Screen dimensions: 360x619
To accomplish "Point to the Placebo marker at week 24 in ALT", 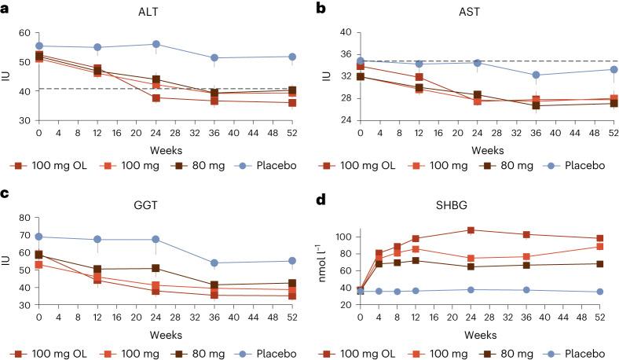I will point(157,44).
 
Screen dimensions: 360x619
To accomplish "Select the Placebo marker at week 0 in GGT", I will point(38,237).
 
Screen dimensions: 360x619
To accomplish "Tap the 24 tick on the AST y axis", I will point(345,120).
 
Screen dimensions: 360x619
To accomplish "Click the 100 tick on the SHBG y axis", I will point(342,237).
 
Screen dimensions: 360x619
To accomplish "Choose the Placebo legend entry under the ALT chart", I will point(256,165).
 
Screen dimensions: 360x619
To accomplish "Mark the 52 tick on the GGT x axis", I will point(293,316).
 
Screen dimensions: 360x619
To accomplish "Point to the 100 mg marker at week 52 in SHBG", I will point(600,247).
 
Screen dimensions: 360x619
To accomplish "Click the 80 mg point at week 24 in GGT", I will point(157,268).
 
